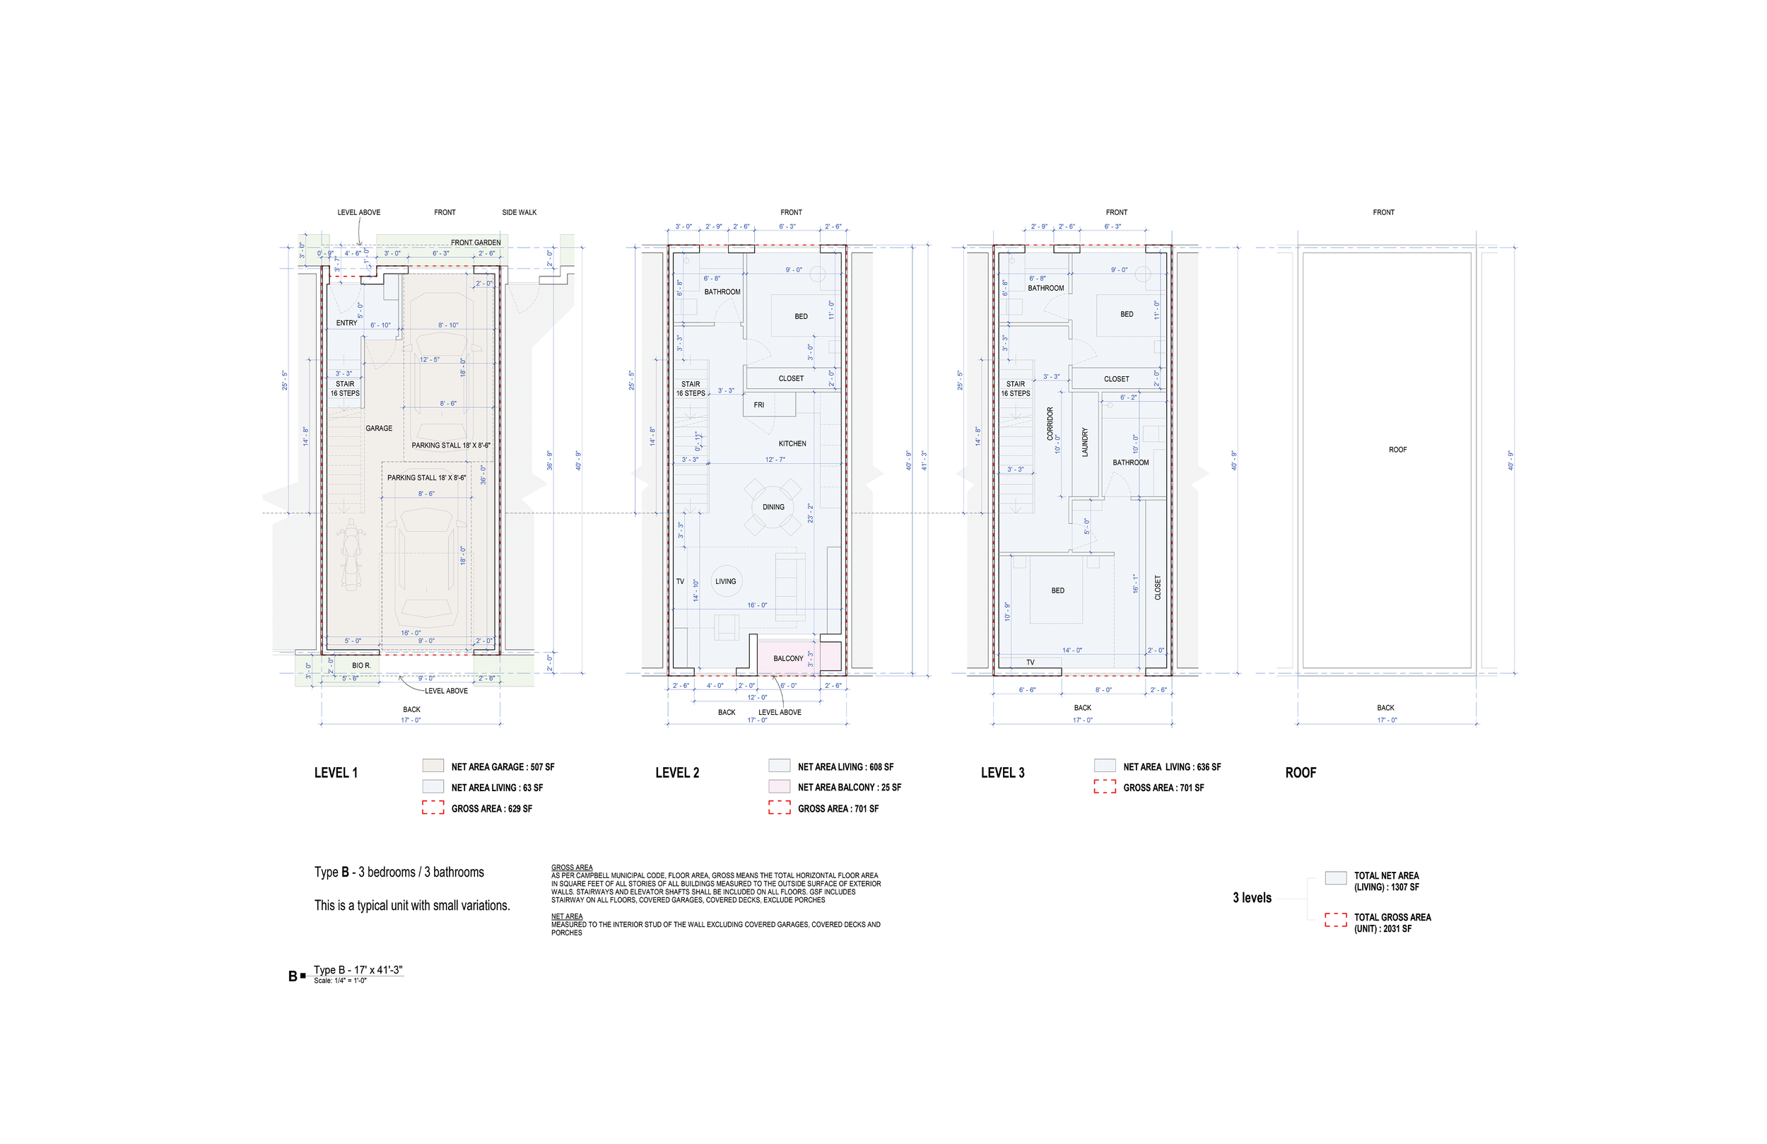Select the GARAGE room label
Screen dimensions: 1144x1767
[379, 428]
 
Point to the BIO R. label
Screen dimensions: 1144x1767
[361, 665]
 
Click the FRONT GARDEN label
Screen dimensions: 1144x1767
[475, 243]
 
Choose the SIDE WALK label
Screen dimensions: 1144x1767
[519, 212]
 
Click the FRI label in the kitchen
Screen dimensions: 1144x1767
[759, 405]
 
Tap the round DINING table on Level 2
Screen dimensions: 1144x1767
[773, 508]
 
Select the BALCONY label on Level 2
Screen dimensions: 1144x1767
[787, 659]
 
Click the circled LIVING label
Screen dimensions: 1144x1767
[725, 582]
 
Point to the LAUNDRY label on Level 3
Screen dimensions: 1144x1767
[1085, 442]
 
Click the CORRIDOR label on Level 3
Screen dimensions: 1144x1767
[1050, 424]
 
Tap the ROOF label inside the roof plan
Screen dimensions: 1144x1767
[1397, 450]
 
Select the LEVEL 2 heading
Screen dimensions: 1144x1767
[677, 773]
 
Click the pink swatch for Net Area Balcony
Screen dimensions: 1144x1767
[779, 786]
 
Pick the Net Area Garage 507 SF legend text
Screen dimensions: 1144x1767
[503, 767]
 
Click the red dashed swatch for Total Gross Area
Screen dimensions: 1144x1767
[1335, 921]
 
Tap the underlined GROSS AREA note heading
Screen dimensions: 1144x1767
[572, 868]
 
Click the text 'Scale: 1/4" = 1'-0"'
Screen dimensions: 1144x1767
[340, 981]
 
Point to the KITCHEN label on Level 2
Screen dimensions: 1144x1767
[792, 444]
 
